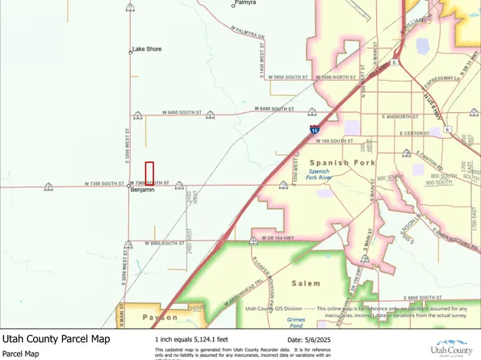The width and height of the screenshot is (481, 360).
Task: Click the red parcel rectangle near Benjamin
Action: coord(149,173)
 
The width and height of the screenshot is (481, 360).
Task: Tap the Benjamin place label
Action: coord(143,190)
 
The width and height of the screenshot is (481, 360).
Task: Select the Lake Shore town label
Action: coord(148,49)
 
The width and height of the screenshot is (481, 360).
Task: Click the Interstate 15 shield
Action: coord(313,129)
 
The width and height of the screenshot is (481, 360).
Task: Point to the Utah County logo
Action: coord(452,347)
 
